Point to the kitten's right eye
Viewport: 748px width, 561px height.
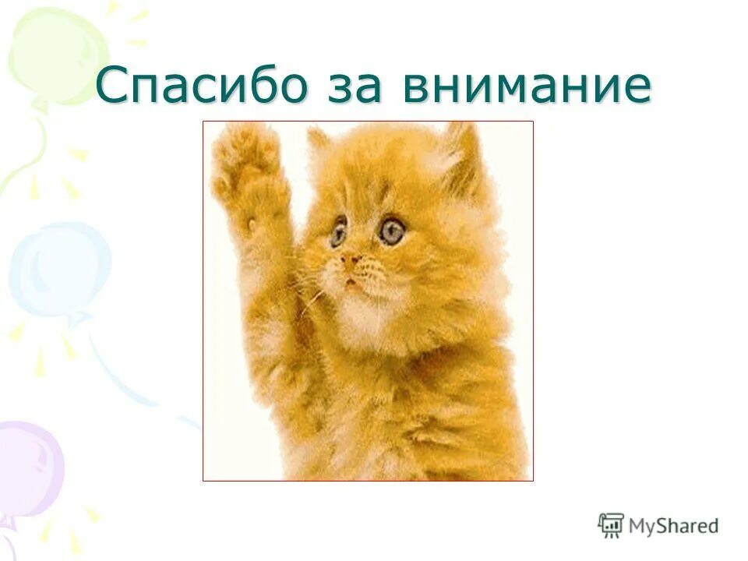[391, 230]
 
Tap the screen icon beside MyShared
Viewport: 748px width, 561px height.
[611, 524]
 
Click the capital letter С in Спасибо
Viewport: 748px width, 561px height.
[114, 86]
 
